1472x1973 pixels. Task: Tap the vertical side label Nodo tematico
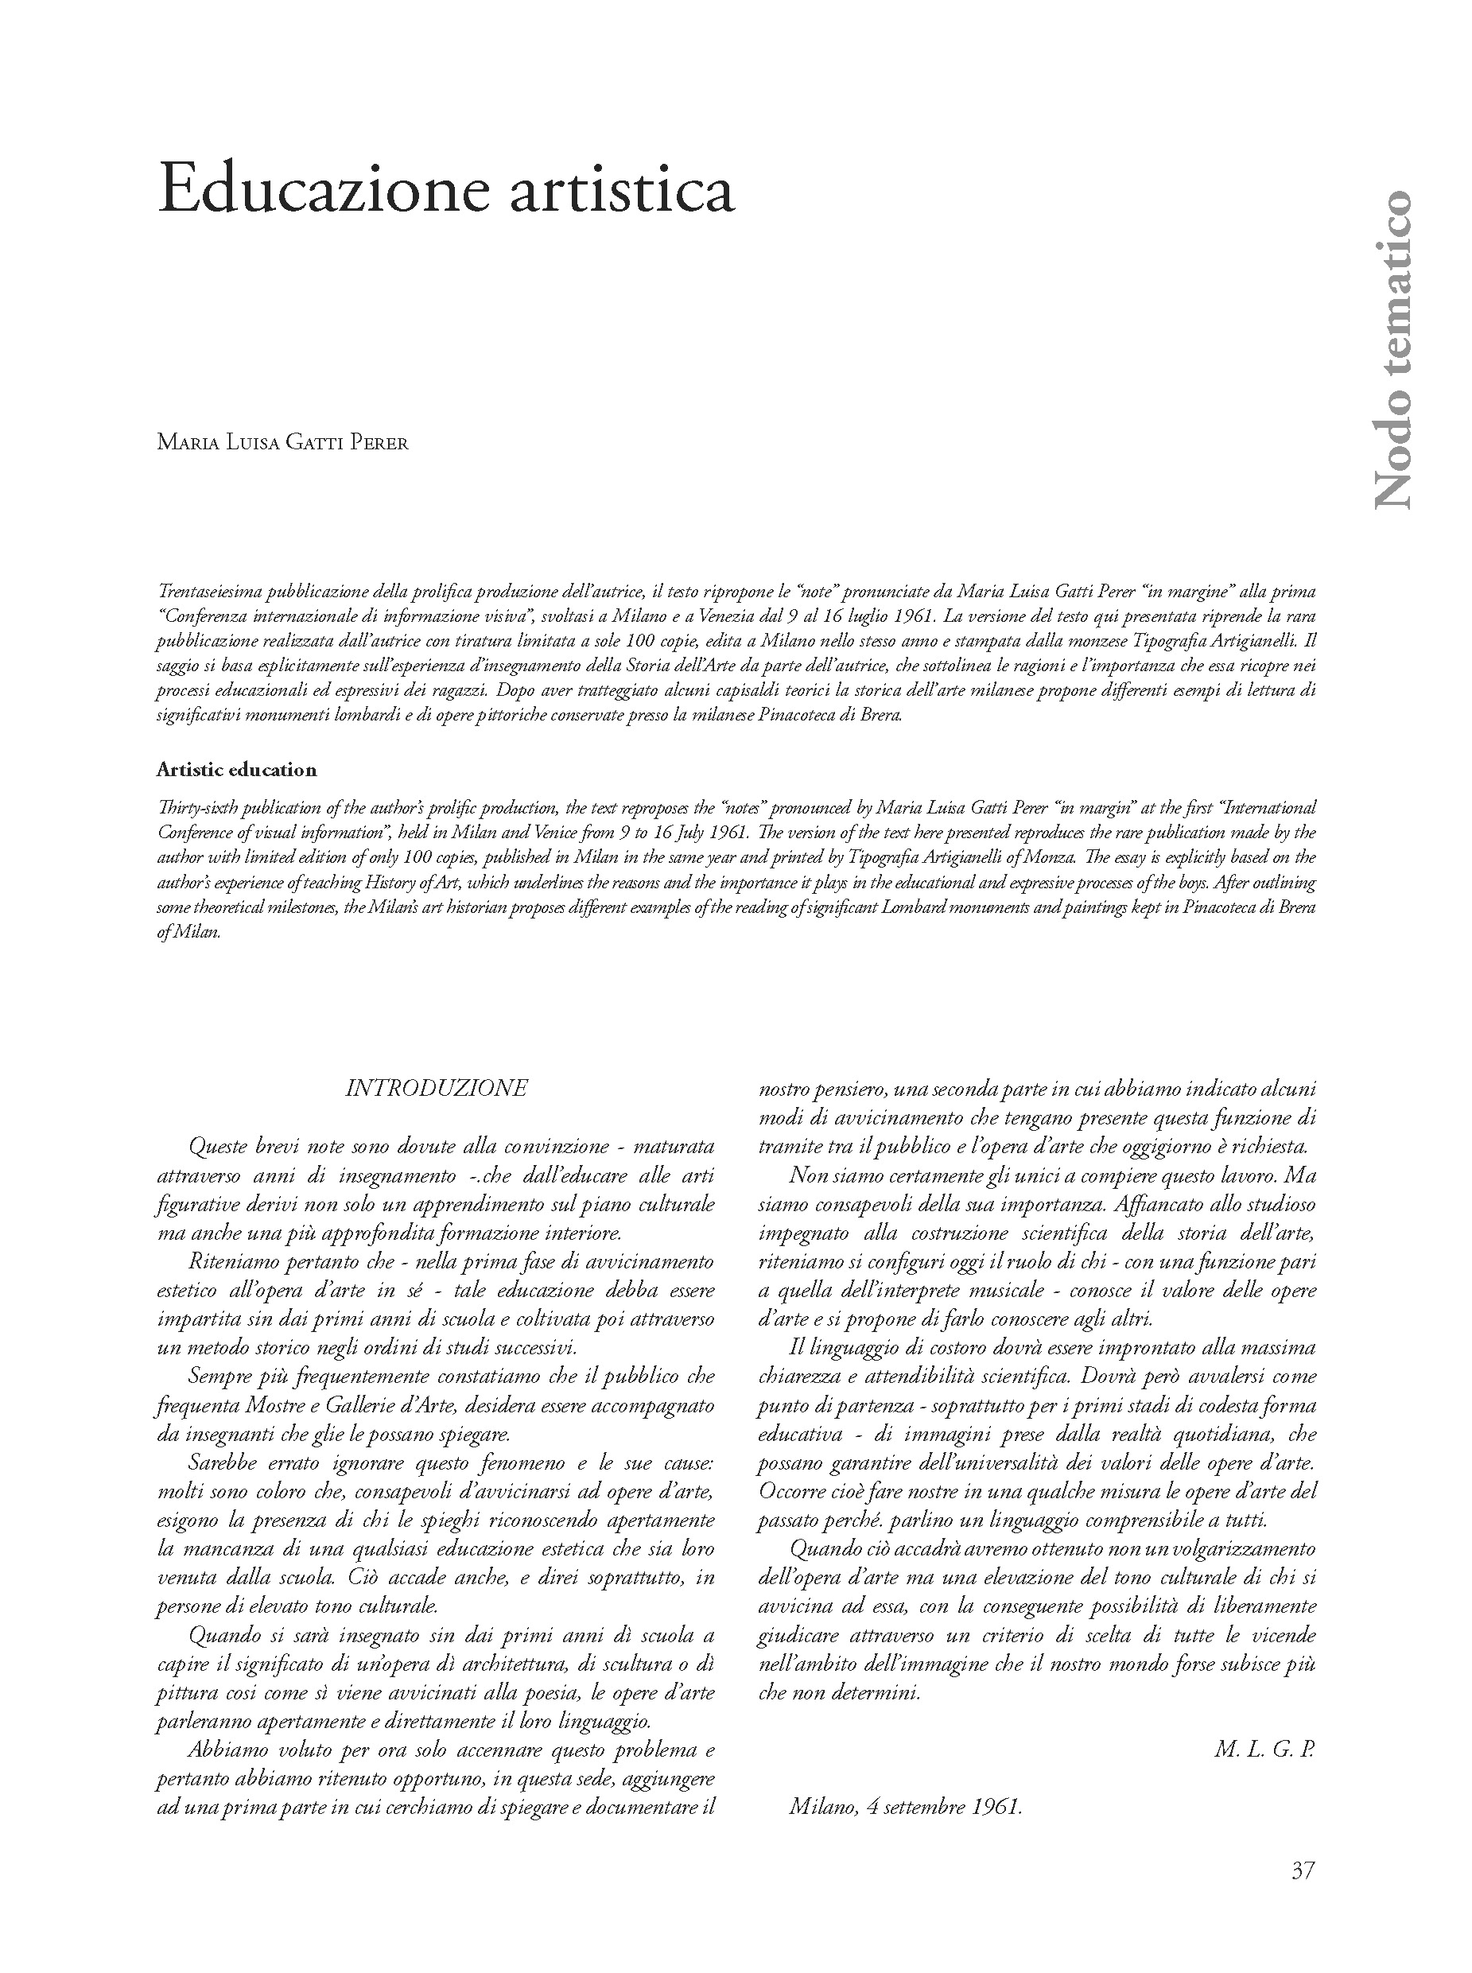[x=1391, y=349]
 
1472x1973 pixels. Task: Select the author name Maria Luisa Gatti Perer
[x=282, y=443]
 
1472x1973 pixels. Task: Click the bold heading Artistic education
[x=236, y=769]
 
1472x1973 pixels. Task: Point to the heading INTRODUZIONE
[x=437, y=1088]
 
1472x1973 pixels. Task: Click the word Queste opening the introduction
[x=219, y=1146]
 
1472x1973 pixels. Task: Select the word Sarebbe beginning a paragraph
[x=222, y=1462]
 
